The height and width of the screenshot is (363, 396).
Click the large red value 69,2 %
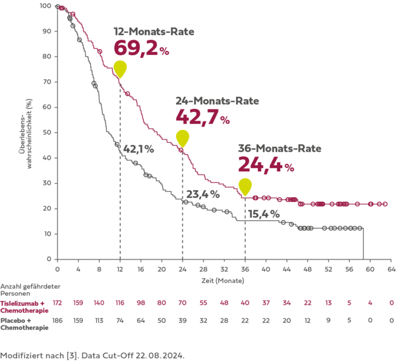(141, 49)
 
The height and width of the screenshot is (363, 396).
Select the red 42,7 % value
(202, 117)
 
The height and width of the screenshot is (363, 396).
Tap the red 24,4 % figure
(265, 165)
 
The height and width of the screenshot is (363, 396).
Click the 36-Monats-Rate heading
(279, 149)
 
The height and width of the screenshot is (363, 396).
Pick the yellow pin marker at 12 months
(120, 69)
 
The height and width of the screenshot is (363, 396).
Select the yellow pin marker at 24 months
(182, 138)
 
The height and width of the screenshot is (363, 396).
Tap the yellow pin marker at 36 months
(245, 187)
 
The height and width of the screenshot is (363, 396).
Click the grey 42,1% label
(137, 148)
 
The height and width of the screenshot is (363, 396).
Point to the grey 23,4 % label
(202, 194)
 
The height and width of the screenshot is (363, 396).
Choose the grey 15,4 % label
(263, 213)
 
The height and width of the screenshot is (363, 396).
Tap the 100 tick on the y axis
(45, 6)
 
